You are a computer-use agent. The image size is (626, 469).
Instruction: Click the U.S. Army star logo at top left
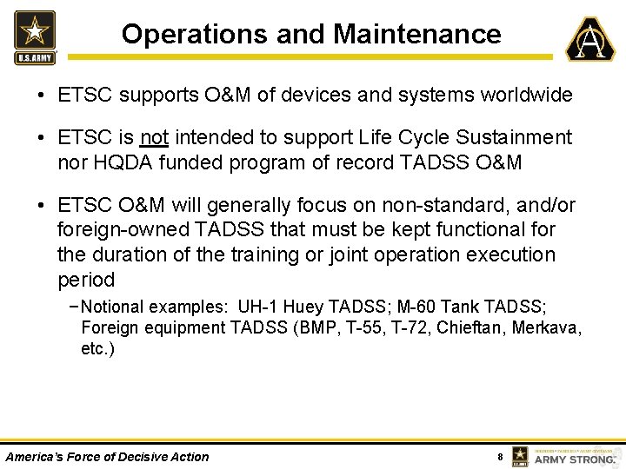click(35, 37)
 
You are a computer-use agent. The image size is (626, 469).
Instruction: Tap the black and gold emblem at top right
click(590, 39)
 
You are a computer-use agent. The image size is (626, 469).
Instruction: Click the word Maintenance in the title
click(417, 34)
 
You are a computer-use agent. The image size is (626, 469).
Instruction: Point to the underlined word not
click(154, 137)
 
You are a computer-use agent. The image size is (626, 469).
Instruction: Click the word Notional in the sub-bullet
click(113, 307)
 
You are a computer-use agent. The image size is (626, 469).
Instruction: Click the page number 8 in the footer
click(499, 457)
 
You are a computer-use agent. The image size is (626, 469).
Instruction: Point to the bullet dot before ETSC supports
click(42, 96)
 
